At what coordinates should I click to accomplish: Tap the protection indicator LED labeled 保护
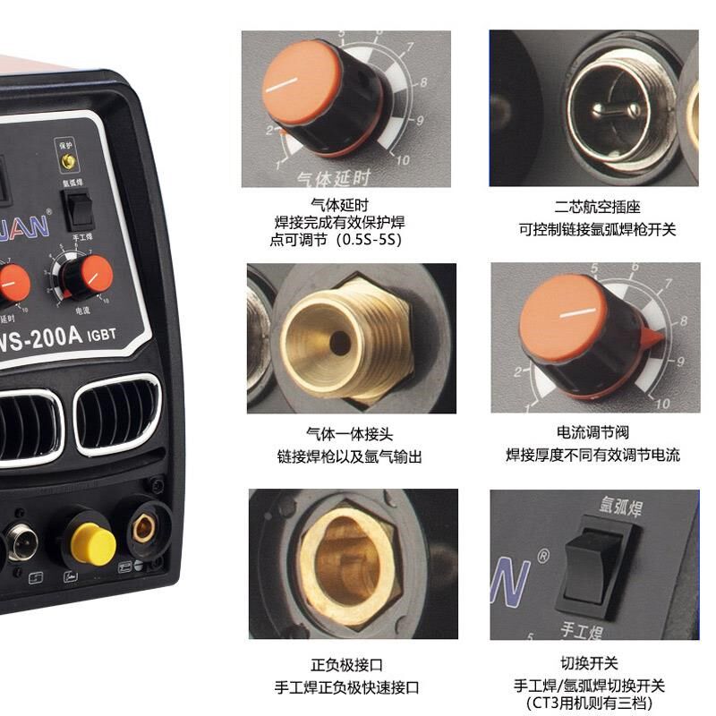point(66,161)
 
